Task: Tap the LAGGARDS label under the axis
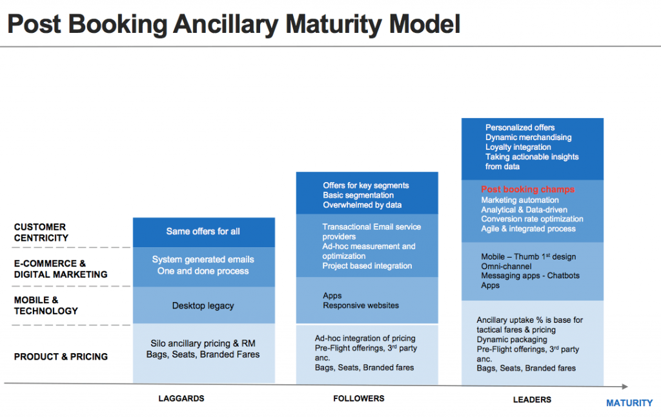tap(181, 398)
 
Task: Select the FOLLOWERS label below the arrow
tap(359, 398)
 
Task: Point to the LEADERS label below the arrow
tap(532, 400)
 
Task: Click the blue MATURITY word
tap(629, 403)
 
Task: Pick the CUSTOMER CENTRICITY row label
tap(40, 232)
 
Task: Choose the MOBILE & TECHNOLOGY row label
tap(46, 305)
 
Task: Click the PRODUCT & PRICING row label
tap(61, 356)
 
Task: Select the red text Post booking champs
tap(527, 190)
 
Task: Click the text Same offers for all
tap(203, 231)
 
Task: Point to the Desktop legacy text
tap(203, 305)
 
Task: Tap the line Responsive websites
tap(361, 305)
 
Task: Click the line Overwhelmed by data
tap(362, 205)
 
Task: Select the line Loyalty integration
tap(518, 147)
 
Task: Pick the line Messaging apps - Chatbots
tap(530, 276)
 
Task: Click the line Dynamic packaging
tap(513, 340)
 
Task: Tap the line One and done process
tap(203, 271)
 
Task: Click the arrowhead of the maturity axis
tap(624, 387)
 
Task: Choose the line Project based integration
tap(367, 266)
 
